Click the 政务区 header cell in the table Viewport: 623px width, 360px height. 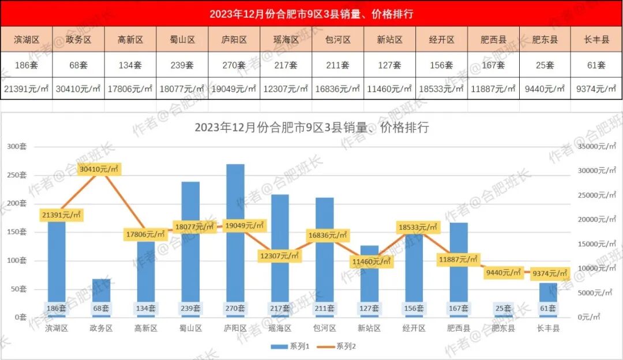tap(78, 40)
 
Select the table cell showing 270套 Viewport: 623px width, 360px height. tap(234, 65)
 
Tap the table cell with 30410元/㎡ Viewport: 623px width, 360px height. tap(78, 88)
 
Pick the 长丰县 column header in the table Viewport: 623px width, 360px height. tap(597, 40)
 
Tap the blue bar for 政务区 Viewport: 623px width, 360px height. tap(102, 294)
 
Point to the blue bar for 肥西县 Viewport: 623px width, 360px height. tap(459, 260)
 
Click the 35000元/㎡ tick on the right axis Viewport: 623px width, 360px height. tap(595, 147)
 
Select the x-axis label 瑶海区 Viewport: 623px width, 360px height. tap(280, 328)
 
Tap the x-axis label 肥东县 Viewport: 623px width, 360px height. tap(503, 328)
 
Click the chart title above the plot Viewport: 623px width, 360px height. tap(311, 127)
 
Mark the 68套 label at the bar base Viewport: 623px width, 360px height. tap(102, 309)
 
